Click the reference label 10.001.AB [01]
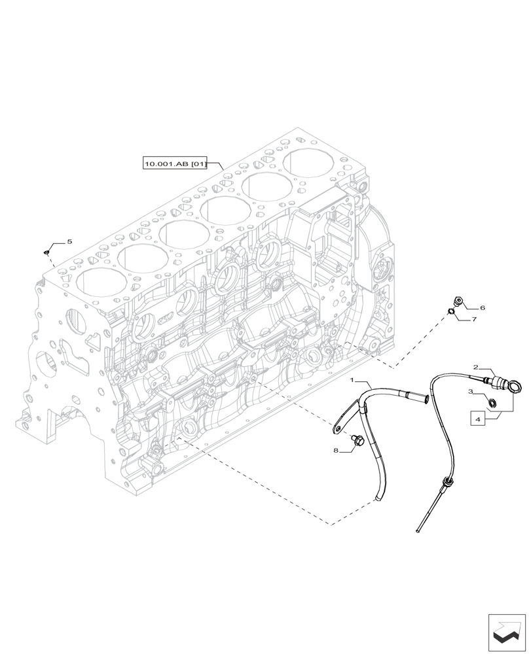pyautogui.click(x=175, y=164)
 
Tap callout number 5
pyautogui.click(x=69, y=242)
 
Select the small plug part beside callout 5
pyautogui.click(x=47, y=251)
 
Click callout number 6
pyautogui.click(x=483, y=307)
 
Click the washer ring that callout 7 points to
pyautogui.click(x=451, y=311)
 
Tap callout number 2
pyautogui.click(x=477, y=368)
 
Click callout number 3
pyautogui.click(x=470, y=391)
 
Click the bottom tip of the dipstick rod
pyautogui.click(x=417, y=533)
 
